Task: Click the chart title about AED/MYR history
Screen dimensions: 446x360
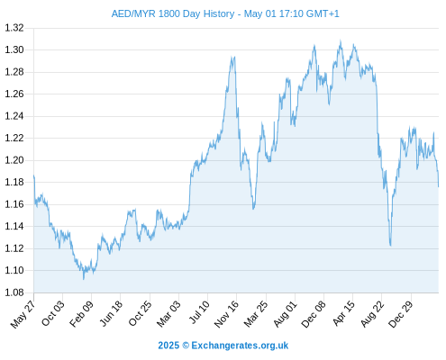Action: point(225,13)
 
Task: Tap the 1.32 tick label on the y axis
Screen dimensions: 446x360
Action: point(14,28)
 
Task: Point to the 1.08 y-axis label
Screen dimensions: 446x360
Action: point(14,292)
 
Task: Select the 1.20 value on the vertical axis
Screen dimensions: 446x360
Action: point(14,160)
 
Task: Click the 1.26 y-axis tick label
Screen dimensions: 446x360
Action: point(14,94)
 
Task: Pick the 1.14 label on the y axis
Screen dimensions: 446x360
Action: point(14,226)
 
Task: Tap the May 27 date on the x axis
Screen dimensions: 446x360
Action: point(23,314)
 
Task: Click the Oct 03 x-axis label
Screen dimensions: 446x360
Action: point(53,313)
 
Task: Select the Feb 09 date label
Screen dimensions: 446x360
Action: point(82,314)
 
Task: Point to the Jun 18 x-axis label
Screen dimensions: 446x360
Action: point(112,313)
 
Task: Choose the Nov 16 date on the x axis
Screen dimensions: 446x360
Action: point(227,314)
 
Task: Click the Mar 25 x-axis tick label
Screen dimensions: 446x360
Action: point(256,314)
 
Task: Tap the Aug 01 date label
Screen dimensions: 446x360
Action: point(286,314)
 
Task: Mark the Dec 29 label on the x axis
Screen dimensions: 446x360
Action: point(401,314)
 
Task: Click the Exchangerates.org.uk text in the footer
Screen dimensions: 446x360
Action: point(240,346)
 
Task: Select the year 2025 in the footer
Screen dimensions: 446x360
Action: point(168,346)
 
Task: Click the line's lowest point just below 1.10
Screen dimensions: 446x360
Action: point(84,279)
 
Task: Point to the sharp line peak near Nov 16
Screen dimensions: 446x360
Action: point(234,57)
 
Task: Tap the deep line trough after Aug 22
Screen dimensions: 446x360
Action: point(391,246)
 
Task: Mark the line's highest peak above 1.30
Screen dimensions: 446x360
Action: point(341,40)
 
